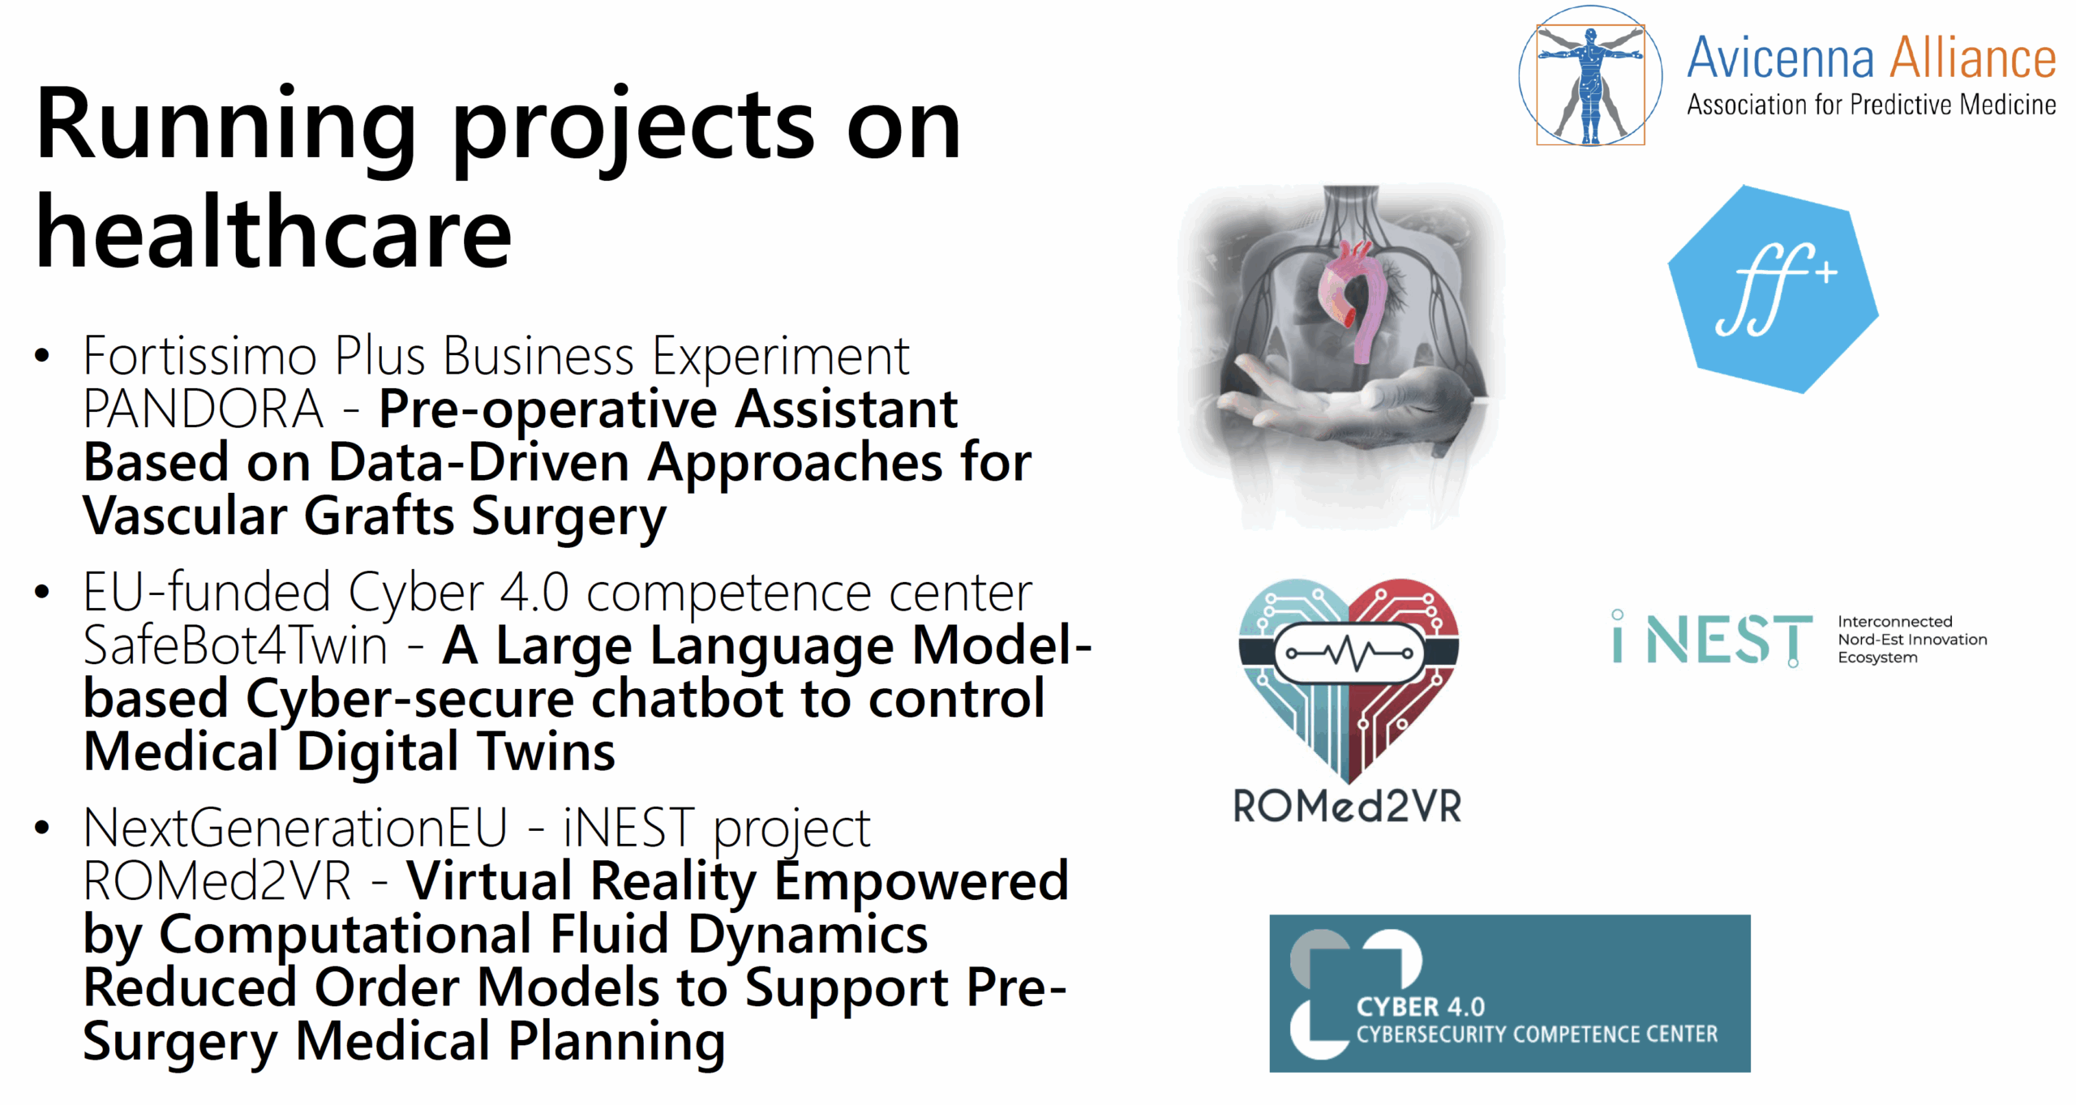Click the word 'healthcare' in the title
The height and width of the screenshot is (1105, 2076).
click(273, 233)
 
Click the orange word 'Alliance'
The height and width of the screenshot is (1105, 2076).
click(1972, 58)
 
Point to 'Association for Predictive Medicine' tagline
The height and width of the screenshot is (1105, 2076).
click(1871, 105)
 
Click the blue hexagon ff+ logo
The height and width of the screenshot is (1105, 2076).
click(1773, 289)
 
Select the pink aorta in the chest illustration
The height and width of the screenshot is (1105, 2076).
click(1350, 300)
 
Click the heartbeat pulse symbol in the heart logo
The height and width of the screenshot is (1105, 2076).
click(1349, 653)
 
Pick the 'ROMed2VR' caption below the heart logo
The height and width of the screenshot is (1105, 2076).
click(1347, 807)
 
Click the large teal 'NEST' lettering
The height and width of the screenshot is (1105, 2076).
click(1729, 640)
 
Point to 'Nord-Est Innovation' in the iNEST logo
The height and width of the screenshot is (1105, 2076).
click(1912, 640)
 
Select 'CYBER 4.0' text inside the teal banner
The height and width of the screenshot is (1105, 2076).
click(1420, 1007)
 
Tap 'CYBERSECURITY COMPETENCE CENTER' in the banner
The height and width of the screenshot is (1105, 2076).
click(1537, 1034)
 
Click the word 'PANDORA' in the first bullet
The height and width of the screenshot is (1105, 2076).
click(203, 409)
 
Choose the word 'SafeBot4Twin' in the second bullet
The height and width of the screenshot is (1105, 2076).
click(235, 646)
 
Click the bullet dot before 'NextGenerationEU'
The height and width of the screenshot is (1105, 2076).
click(42, 828)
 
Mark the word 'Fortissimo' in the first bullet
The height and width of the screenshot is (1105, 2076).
click(199, 356)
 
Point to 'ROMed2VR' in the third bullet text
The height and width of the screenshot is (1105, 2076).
click(217, 881)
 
